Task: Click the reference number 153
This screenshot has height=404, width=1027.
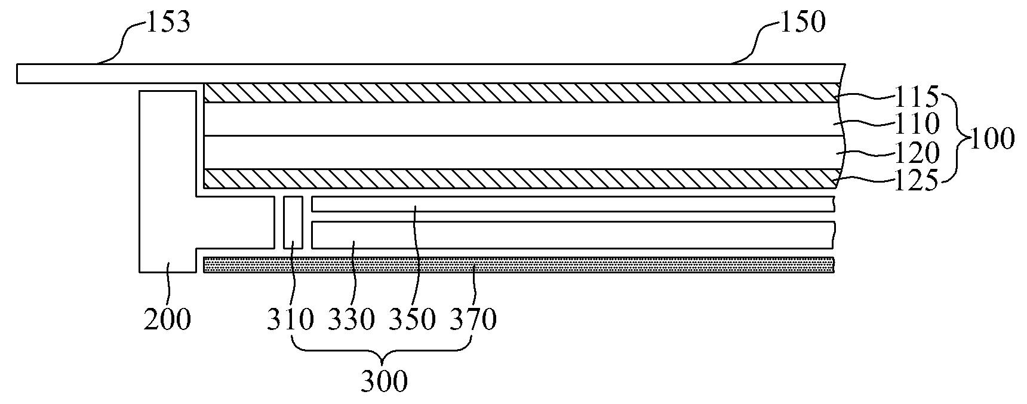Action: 167,22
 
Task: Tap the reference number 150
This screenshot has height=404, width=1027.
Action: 802,22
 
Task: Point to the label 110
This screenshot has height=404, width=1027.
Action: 917,124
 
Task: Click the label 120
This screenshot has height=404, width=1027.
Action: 917,153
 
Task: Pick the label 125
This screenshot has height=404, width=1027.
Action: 917,181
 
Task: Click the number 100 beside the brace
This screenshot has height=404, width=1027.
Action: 991,139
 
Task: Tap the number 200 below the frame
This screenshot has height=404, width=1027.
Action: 167,320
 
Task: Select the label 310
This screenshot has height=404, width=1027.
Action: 291,320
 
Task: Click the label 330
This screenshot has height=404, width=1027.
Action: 352,320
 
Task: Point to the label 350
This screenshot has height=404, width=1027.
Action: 412,320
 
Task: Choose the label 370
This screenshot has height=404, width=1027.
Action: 473,320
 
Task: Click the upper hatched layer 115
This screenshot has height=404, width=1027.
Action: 519,92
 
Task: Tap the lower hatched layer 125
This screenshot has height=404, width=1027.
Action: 519,178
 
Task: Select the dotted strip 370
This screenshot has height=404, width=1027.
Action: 519,265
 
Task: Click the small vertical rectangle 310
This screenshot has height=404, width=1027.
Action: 293,223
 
